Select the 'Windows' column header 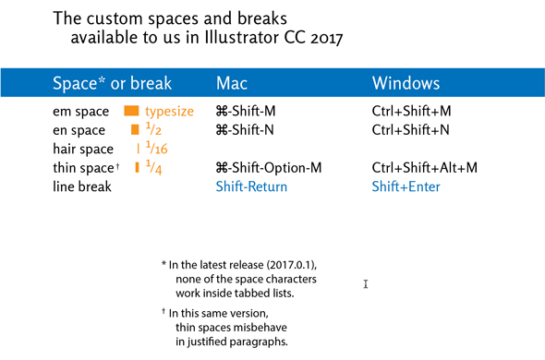(406, 84)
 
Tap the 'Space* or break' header (112, 84)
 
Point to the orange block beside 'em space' (131, 112)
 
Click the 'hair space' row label (83, 149)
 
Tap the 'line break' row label (82, 186)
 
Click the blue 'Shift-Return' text (251, 186)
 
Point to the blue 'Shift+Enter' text (406, 186)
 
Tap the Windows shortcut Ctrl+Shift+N (410, 130)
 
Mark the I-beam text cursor (366, 284)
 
